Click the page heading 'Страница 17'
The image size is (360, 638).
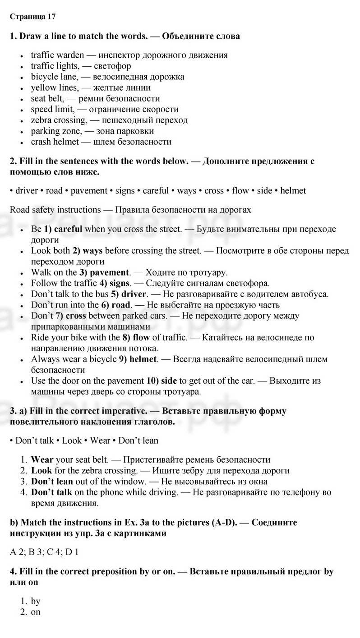click(32, 17)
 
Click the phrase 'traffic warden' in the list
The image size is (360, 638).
click(57, 55)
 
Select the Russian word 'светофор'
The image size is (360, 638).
click(112, 66)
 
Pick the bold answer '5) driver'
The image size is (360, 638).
click(129, 294)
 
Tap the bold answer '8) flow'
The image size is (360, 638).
click(137, 337)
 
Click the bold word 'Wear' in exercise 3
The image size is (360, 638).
click(42, 460)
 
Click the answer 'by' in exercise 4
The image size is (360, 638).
click(36, 601)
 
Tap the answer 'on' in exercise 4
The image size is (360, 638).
click(36, 612)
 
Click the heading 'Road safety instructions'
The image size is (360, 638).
click(55, 210)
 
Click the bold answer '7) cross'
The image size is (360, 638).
click(71, 316)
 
